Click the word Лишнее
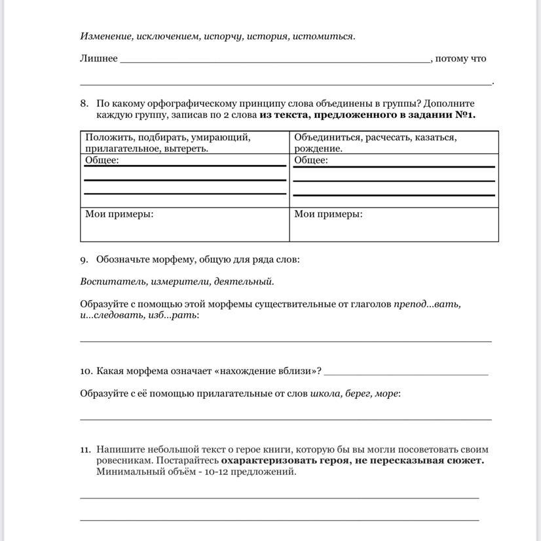[99, 58]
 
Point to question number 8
[84, 103]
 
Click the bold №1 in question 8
[462, 115]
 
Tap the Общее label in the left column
[102, 160]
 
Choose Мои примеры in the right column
[328, 214]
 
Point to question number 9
[84, 259]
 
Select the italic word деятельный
[247, 282]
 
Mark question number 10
[86, 371]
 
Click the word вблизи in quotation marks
[298, 371]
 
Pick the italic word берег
[357, 393]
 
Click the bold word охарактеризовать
[269, 460]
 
